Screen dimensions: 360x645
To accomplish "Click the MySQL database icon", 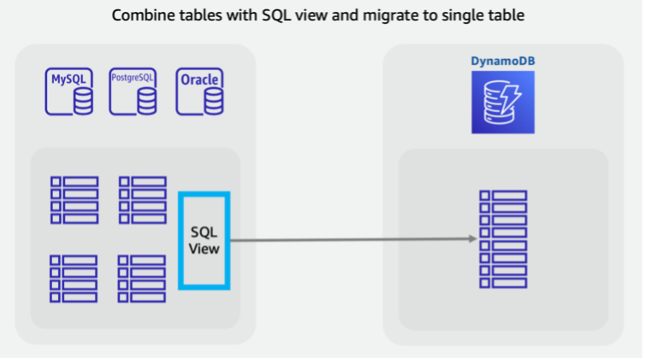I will tap(69, 91).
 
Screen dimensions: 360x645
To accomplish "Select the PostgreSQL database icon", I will tap(134, 91).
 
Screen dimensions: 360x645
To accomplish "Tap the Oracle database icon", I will tap(200, 91).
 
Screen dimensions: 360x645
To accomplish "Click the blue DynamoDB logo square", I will tap(502, 102).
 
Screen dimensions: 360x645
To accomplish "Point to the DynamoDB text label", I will tap(502, 61).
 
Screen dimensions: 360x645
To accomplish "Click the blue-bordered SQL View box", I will tap(204, 240).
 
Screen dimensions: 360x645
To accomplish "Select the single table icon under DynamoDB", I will tap(503, 239).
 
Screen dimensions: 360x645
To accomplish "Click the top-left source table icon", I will tap(74, 199).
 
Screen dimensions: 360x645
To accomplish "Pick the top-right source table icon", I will tap(142, 199).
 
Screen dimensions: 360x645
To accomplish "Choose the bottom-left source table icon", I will tap(74, 278).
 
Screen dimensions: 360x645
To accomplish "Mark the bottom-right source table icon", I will tap(142, 278).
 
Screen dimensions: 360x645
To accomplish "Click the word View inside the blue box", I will tap(204, 249).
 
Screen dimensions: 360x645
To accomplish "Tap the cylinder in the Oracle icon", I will tap(214, 102).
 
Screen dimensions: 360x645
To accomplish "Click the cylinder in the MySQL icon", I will tap(83, 102).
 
